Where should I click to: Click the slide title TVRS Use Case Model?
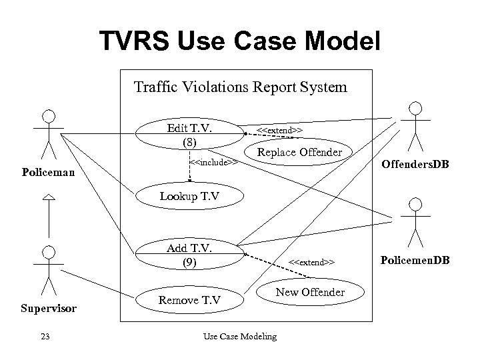pos(240,41)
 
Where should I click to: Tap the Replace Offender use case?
pos(299,153)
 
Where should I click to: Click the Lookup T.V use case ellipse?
pos(189,196)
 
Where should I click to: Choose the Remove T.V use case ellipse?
pos(189,300)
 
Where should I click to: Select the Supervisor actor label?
pos(48,309)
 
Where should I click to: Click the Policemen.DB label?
pos(416,258)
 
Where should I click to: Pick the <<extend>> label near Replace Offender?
pos(280,130)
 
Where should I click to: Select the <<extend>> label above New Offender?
pos(311,262)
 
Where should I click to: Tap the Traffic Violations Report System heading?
pos(240,87)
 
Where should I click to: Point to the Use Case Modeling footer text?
pos(239,337)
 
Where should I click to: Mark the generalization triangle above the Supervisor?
pos(48,196)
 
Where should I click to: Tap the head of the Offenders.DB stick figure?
pos(415,108)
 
